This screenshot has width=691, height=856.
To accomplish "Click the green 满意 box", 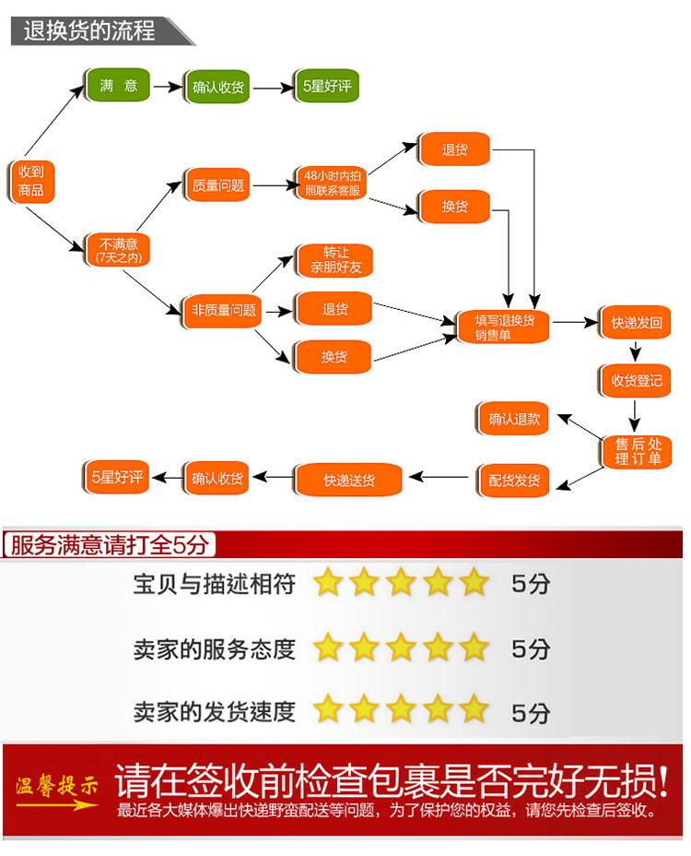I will click(118, 86).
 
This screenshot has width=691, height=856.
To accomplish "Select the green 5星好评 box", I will click(325, 88).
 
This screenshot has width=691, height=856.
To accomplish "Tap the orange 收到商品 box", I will click(30, 181).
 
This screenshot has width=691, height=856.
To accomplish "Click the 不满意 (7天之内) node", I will click(117, 250).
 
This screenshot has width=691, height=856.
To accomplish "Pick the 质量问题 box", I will click(217, 185).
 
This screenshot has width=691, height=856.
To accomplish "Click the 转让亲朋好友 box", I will click(334, 260).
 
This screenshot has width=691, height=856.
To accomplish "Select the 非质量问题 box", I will click(221, 309).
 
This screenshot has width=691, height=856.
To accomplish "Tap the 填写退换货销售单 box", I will click(505, 327).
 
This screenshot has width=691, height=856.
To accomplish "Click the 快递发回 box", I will click(636, 324).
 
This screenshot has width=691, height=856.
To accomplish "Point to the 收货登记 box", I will click(636, 380).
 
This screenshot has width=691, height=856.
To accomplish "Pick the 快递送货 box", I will click(348, 480).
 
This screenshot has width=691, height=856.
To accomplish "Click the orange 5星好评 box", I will click(117, 477).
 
